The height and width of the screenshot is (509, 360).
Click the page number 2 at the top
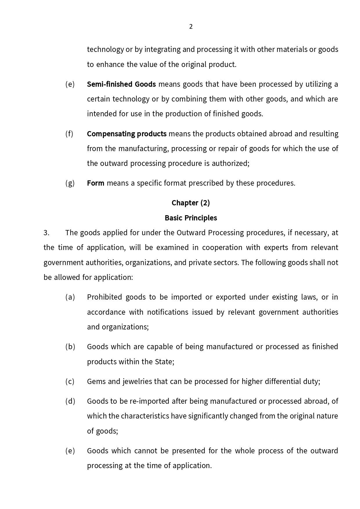click(x=191, y=27)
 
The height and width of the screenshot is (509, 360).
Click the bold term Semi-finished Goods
click(x=121, y=84)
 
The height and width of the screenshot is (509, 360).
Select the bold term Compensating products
click(x=126, y=134)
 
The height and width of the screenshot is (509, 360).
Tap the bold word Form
click(x=95, y=183)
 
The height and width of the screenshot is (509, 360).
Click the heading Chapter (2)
click(x=191, y=203)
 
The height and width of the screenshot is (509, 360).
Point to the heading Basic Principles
click(x=191, y=218)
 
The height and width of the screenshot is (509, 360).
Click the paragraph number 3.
click(x=46, y=233)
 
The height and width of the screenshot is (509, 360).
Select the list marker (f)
click(x=70, y=134)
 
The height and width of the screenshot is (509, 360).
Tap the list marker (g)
click(x=70, y=183)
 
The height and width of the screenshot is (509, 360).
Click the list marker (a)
click(x=70, y=297)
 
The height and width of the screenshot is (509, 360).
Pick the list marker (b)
click(x=70, y=347)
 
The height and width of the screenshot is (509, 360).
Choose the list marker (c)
click(x=70, y=381)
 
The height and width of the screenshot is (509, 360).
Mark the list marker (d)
click(x=70, y=401)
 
